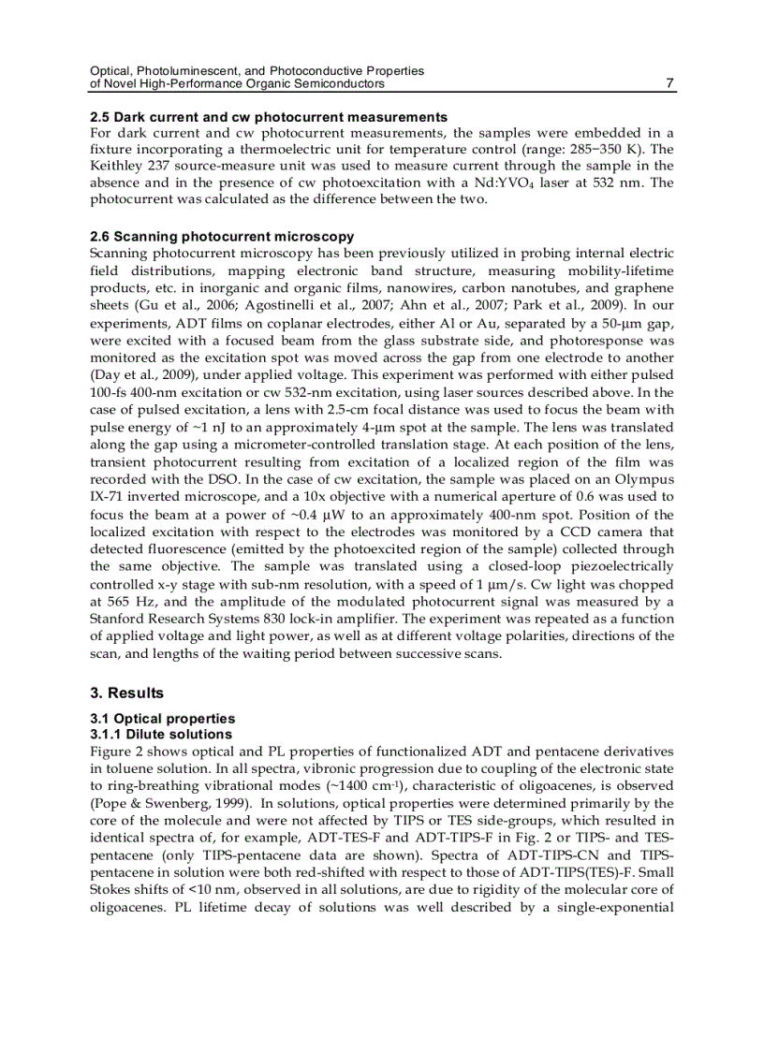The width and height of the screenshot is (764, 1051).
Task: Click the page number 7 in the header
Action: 669,83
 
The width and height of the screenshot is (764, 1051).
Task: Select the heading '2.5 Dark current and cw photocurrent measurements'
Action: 268,117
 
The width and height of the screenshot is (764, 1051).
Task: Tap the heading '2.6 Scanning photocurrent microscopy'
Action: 221,237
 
